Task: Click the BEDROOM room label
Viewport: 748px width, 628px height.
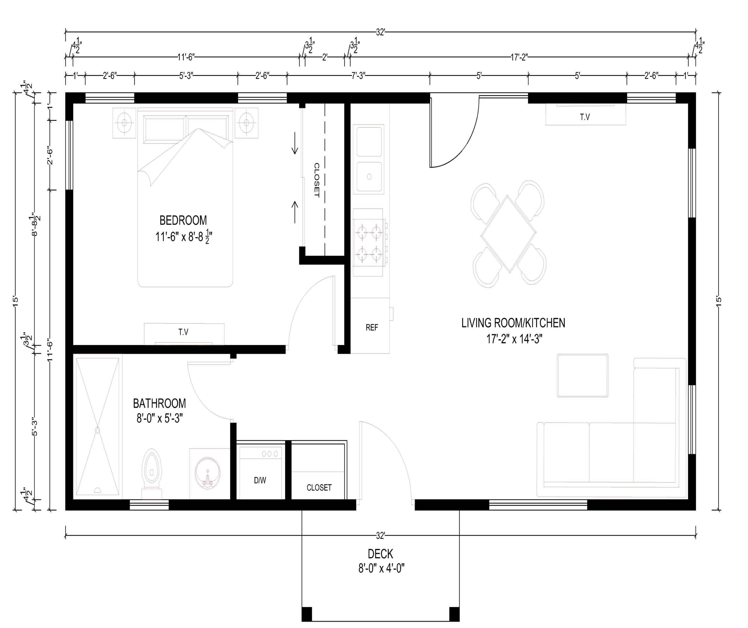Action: pyautogui.click(x=183, y=221)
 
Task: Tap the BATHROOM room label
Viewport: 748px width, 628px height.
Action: pyautogui.click(x=160, y=403)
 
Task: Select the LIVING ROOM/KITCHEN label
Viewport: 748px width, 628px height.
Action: pyautogui.click(x=513, y=323)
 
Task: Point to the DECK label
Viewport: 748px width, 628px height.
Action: pyautogui.click(x=380, y=554)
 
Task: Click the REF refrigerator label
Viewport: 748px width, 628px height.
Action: pyautogui.click(x=372, y=327)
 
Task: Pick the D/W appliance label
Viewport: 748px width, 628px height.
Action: pyautogui.click(x=260, y=480)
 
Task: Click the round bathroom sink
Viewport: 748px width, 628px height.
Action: pyautogui.click(x=208, y=473)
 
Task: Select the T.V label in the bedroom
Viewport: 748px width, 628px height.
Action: pyautogui.click(x=183, y=332)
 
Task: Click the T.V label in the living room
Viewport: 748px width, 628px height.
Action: pyautogui.click(x=585, y=117)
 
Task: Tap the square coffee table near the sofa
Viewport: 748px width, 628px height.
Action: pyautogui.click(x=583, y=376)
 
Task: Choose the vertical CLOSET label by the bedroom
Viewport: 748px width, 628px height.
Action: pyautogui.click(x=317, y=180)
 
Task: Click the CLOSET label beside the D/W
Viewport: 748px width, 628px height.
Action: pyautogui.click(x=319, y=488)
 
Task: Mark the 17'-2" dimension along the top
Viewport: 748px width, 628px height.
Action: pyautogui.click(x=519, y=57)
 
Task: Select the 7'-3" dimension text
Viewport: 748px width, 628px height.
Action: pyautogui.click(x=358, y=76)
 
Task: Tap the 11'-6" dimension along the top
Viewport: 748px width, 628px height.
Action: pyautogui.click(x=186, y=57)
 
